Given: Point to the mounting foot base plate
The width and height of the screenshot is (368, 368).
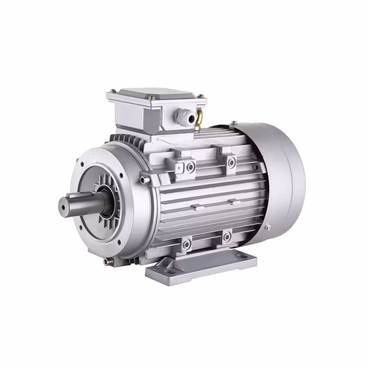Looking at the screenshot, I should click(201, 264).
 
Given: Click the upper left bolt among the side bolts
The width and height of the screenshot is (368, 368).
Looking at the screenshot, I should click(191, 165).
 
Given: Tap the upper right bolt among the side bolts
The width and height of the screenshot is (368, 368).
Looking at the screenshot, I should click(231, 162).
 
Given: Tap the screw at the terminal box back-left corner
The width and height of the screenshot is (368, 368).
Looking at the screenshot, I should click(113, 90).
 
